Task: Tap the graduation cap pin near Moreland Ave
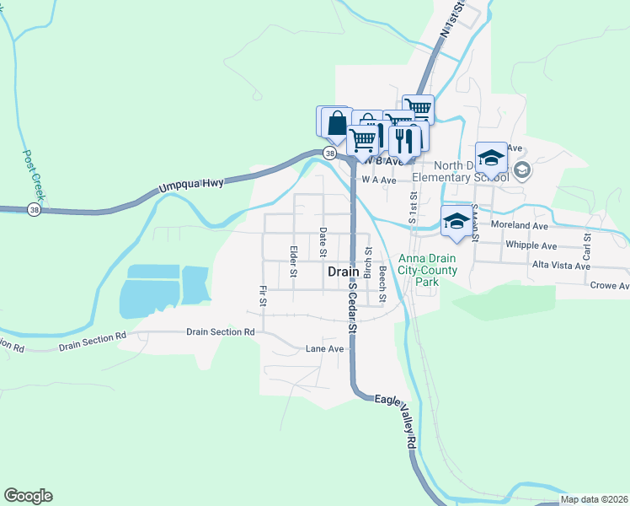(456, 221)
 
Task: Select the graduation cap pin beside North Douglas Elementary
(491, 158)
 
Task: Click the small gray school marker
(521, 170)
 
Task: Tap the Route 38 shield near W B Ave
(329, 153)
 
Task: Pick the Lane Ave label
(324, 348)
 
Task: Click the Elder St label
(293, 261)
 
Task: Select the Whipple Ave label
(531, 245)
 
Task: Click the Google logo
(28, 496)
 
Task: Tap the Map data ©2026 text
(594, 499)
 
